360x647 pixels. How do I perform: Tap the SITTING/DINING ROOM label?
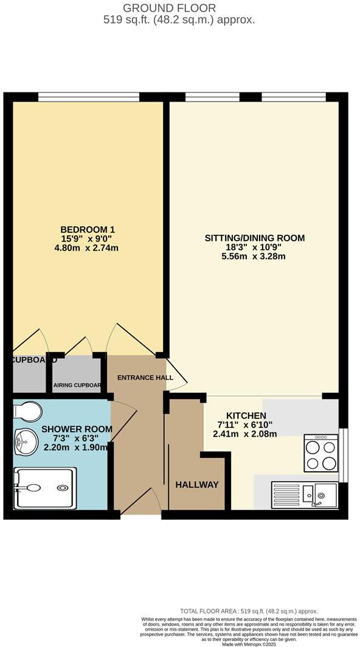pos(254,238)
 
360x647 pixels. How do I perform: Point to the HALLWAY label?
pos(196,485)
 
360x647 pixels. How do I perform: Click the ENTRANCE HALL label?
pos(145,378)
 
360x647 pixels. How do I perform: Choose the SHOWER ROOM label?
pos(77,429)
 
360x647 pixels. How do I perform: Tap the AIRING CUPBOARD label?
pos(77,385)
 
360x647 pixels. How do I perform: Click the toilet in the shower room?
pos(27,411)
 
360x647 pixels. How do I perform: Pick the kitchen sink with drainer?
pos(305,493)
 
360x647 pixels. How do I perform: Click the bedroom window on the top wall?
pos(88,96)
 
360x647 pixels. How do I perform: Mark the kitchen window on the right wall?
pos(342,454)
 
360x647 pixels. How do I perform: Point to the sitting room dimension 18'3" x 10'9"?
pos(254,247)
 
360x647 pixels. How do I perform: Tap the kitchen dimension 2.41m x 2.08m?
pos(244,434)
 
